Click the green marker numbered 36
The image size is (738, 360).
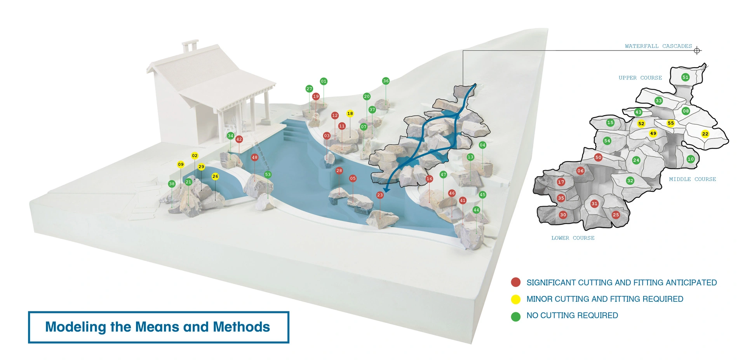tap(386, 81)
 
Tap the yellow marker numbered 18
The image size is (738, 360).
tap(350, 113)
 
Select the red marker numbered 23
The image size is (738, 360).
tap(380, 195)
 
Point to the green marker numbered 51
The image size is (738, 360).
tap(686, 77)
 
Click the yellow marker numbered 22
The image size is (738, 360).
tap(705, 134)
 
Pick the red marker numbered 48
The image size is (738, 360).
tap(254, 157)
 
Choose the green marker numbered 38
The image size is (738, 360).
tap(172, 184)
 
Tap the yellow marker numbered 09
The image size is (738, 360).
tap(181, 164)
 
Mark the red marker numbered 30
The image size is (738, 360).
tap(563, 215)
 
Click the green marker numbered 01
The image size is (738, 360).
tap(324, 81)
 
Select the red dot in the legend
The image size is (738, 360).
tap(516, 282)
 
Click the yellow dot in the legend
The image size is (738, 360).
tap(516, 299)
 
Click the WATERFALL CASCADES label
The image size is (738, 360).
tap(658, 46)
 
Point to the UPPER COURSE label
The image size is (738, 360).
tap(640, 78)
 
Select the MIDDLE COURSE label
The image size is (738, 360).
tap(693, 179)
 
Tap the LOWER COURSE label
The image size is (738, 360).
tap(573, 238)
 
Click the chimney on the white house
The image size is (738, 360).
tap(190, 46)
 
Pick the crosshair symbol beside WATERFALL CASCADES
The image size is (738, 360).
tap(697, 50)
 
